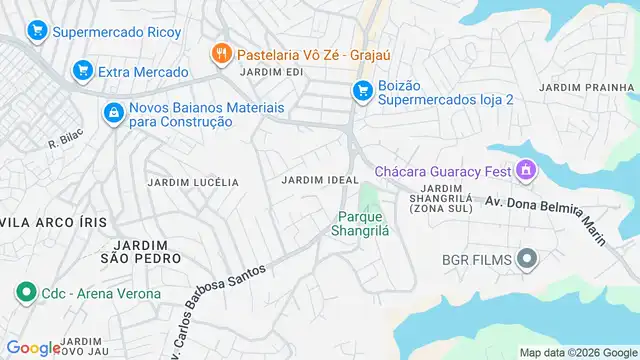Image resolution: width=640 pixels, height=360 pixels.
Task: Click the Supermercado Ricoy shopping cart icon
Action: pyautogui.click(x=37, y=32)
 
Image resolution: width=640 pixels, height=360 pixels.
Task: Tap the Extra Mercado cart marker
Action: pyautogui.click(x=83, y=72)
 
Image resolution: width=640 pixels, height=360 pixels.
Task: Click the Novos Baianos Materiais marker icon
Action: pyautogui.click(x=115, y=113)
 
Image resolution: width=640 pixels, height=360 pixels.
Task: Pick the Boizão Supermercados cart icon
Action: pyautogui.click(x=362, y=92)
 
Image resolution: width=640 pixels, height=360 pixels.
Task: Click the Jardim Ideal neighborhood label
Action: pyautogui.click(x=320, y=179)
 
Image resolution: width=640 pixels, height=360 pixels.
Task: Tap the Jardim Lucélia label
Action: pyautogui.click(x=193, y=182)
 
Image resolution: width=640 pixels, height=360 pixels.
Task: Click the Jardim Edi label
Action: pyautogui.click(x=271, y=72)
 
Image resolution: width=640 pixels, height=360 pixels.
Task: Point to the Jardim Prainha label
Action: pyautogui.click(x=587, y=88)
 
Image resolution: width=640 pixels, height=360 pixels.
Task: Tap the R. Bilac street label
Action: pyautogui.click(x=66, y=141)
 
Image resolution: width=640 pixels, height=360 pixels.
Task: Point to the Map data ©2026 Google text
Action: pyautogui.click(x=577, y=352)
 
